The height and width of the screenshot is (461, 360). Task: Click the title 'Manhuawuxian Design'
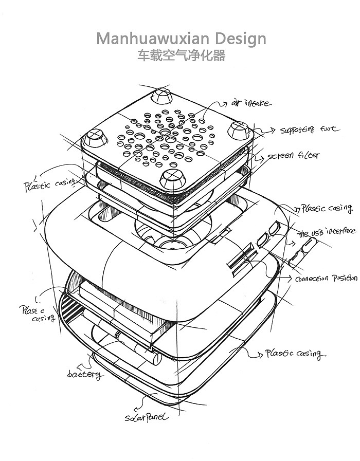[x=181, y=39]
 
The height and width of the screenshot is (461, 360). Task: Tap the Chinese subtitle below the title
[x=181, y=56]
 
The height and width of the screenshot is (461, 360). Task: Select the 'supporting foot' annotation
[x=310, y=130]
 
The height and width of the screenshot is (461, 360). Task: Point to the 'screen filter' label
[x=293, y=155]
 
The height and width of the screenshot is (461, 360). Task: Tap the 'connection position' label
[x=325, y=278]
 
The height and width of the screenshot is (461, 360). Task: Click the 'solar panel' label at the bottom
[x=146, y=417]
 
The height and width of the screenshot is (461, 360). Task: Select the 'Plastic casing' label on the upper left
[x=49, y=184]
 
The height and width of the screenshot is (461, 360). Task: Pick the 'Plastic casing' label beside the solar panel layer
[x=294, y=354]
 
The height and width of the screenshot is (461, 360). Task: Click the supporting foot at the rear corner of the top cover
[x=162, y=96]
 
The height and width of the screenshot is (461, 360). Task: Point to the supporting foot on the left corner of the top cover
[x=94, y=137]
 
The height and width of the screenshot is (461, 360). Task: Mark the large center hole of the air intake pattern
[x=166, y=133]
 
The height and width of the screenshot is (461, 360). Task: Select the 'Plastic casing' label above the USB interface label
[x=327, y=209]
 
